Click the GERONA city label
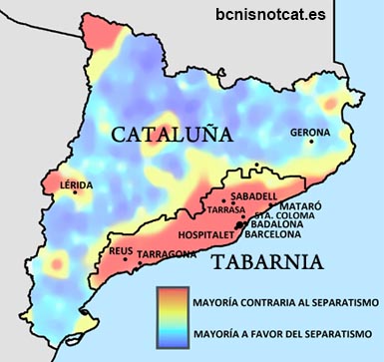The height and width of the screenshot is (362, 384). pyautogui.click(x=309, y=132)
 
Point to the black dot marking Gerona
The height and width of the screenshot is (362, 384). pyautogui.click(x=312, y=142)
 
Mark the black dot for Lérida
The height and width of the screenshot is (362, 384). pyautogui.click(x=75, y=193)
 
